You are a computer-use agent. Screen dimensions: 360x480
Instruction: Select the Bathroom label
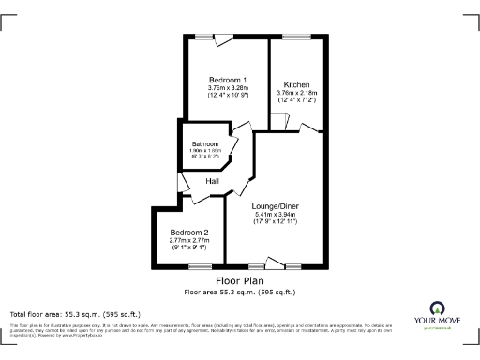coord(204,143)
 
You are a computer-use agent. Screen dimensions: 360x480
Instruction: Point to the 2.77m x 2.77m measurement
coord(188,242)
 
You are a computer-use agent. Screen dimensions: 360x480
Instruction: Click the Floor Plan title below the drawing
coord(240,280)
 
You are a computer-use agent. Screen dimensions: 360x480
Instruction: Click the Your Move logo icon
coord(437,308)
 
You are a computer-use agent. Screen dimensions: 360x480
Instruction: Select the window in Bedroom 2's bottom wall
coord(195,265)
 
